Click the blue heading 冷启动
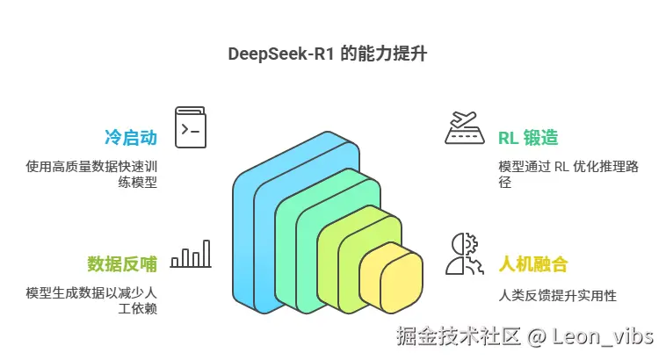point(130,138)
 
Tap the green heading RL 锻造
point(528,138)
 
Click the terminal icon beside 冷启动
point(191,128)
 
